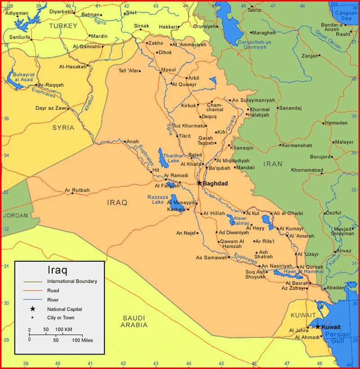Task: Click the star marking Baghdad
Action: click(199, 183)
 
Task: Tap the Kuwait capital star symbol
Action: click(318, 327)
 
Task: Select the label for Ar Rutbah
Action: click(77, 190)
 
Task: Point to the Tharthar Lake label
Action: click(173, 158)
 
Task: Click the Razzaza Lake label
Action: click(157, 200)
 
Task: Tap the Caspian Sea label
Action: click(346, 16)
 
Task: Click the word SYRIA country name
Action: click(63, 128)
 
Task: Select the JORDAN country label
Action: click(15, 215)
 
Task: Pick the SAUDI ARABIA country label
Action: click(135, 321)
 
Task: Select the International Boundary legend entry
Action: click(72, 281)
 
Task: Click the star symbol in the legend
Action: click(32, 309)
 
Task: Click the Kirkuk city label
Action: click(189, 106)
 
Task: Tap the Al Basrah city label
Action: click(296, 283)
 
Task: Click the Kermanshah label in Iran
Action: click(298, 145)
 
